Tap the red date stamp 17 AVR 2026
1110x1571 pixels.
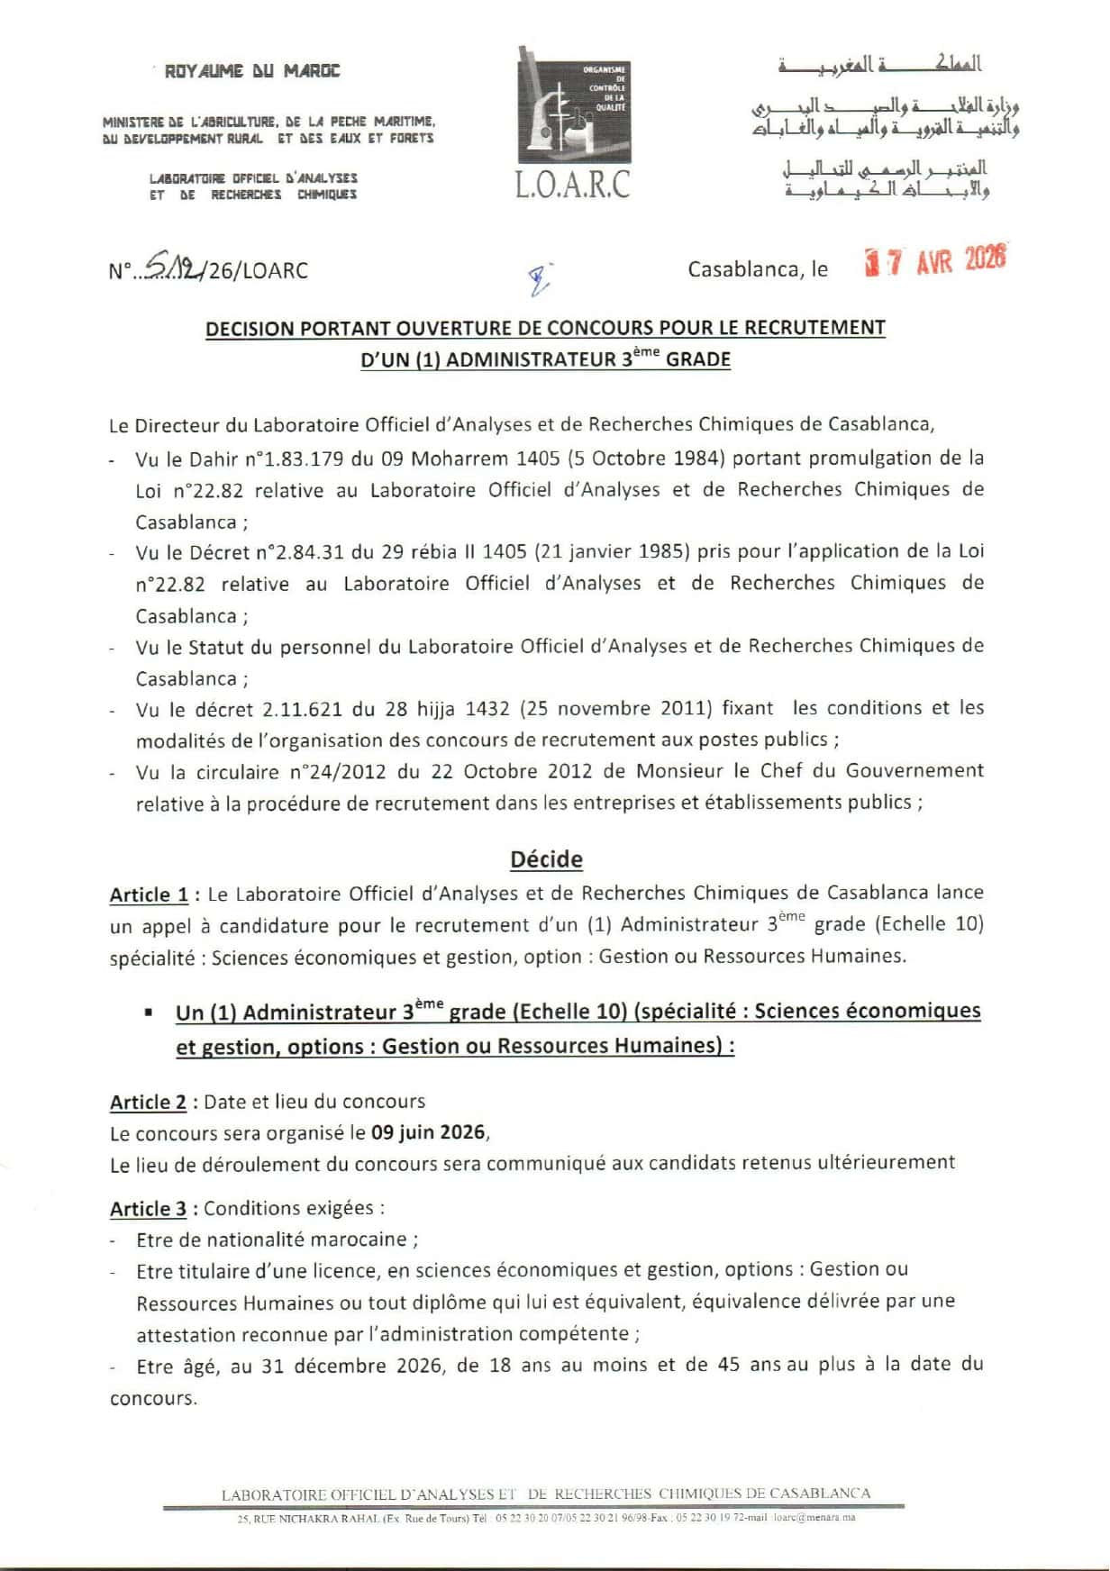934,262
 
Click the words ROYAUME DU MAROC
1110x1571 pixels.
252,71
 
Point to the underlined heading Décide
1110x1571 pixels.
546,859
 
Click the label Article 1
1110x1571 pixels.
149,895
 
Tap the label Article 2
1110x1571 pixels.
149,1103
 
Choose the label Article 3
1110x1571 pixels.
149,1209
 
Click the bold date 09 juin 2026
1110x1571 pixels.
428,1132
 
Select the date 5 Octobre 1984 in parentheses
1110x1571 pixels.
647,458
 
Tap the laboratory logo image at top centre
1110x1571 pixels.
574,106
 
